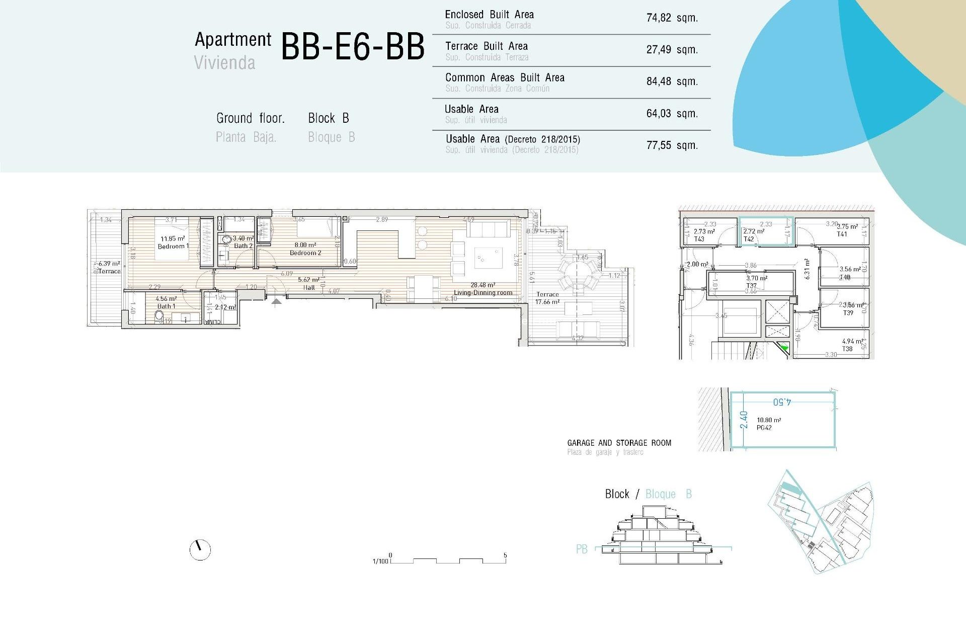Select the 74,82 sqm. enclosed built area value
[x=672, y=18]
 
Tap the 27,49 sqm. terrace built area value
[x=672, y=50]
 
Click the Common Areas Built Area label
[x=505, y=77]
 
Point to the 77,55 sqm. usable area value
[x=672, y=145]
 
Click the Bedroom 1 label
[x=173, y=246]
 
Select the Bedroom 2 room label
[x=305, y=253]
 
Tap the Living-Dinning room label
[x=483, y=292]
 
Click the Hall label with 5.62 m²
[x=309, y=287]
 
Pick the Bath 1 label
[x=166, y=306]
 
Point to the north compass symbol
[x=200, y=549]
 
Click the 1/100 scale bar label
[x=380, y=561]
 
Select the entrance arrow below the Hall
[x=276, y=301]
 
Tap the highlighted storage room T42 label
[x=749, y=239]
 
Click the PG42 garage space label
[x=764, y=428]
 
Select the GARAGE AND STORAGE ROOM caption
[x=619, y=443]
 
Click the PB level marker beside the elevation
[x=581, y=549]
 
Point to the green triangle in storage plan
[x=784, y=347]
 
